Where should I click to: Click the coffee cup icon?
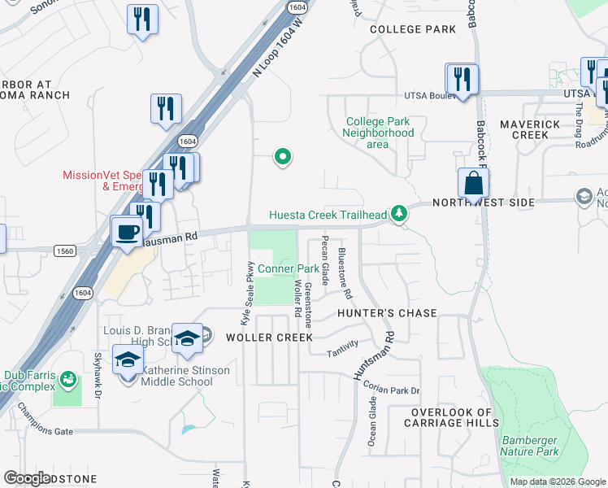(x=127, y=231)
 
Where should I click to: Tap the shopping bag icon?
(x=473, y=184)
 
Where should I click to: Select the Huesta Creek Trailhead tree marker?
(x=398, y=214)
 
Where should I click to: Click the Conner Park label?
(x=288, y=268)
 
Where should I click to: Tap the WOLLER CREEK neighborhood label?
(x=269, y=337)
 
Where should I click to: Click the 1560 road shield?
(x=65, y=251)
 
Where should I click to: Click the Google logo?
(x=27, y=477)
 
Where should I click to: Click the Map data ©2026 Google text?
(x=557, y=481)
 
